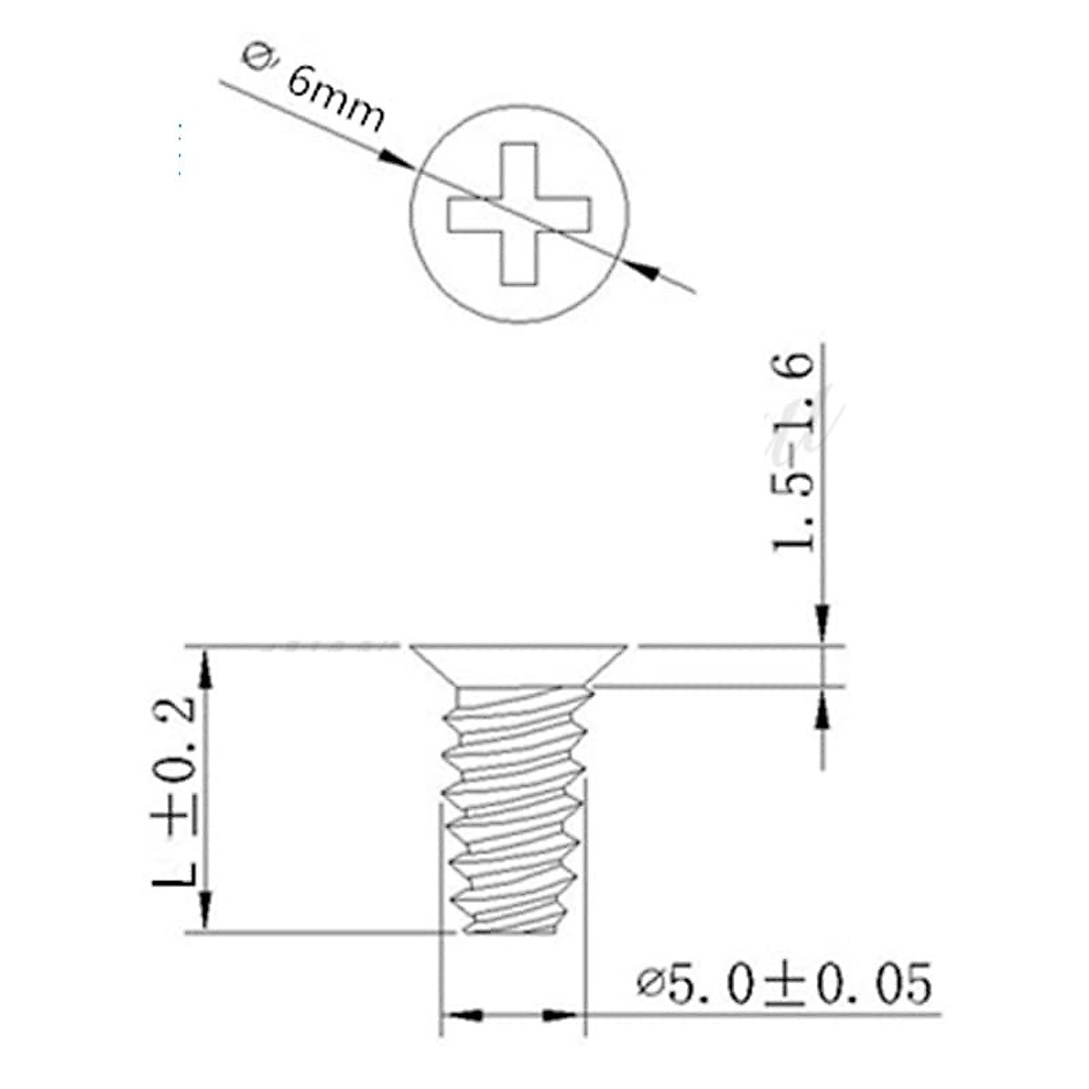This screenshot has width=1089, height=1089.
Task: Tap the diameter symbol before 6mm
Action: pyautogui.click(x=255, y=55)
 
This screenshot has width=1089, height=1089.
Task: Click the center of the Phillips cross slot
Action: pyautogui.click(x=519, y=213)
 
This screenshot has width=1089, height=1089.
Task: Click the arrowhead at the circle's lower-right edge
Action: pyautogui.click(x=642, y=270)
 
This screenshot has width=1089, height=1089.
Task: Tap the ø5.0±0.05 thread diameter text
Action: pyautogui.click(x=784, y=984)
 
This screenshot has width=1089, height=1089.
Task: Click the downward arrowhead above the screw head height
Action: pyautogui.click(x=822, y=625)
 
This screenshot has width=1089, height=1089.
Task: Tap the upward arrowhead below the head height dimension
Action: pyautogui.click(x=822, y=708)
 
